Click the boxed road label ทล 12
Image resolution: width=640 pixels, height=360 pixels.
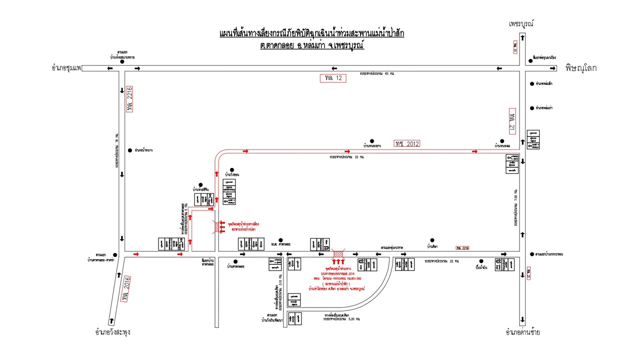(333, 78)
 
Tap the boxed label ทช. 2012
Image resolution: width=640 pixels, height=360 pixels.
(406, 143)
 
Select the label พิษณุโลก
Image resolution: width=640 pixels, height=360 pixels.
(580, 68)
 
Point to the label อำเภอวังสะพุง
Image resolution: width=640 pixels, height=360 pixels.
(113, 332)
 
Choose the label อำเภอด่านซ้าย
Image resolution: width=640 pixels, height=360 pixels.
(523, 332)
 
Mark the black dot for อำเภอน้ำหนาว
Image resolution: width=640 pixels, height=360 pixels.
(129, 149)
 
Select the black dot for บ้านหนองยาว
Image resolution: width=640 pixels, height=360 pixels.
(371, 141)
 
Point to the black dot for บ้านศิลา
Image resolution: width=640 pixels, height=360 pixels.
(432, 240)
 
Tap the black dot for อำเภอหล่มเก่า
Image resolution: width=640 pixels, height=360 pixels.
(531, 107)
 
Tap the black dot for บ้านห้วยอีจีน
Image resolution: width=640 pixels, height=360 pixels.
(200, 184)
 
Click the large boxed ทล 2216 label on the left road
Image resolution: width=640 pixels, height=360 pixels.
(130, 98)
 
